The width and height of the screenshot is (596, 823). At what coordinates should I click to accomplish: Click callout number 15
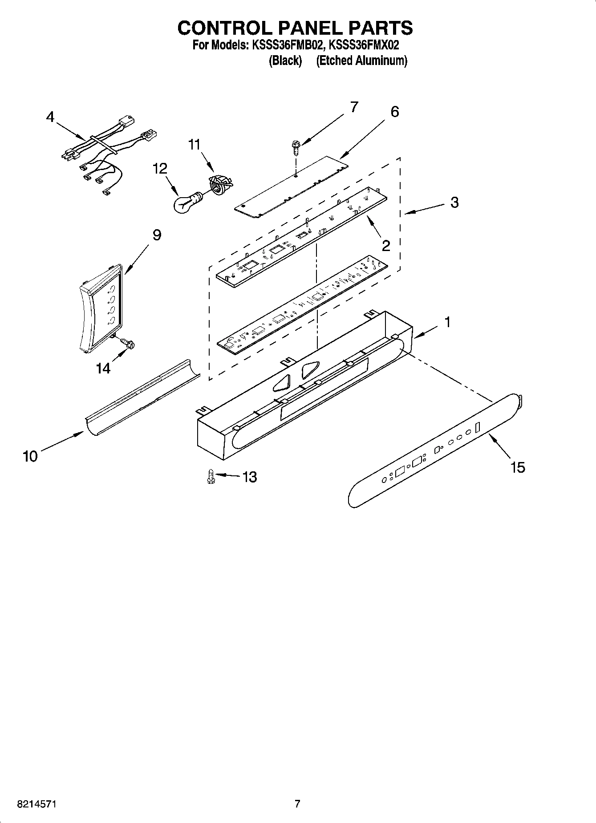pos(518,467)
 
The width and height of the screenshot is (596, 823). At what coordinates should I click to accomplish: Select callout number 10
pos(30,456)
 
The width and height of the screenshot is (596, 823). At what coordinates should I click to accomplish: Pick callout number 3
pos(454,202)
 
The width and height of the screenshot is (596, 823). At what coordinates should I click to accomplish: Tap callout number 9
pos(157,235)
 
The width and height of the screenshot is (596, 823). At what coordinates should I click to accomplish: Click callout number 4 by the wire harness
pos(50,117)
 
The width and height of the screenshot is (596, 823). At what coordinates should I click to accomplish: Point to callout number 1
pos(447,322)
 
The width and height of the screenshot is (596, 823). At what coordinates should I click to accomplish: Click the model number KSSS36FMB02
pos(285,45)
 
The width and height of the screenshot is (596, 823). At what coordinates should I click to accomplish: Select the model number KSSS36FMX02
pos(364,45)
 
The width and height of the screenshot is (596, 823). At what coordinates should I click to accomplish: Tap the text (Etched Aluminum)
pos(361,61)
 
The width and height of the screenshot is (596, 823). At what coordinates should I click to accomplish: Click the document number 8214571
pos(36,804)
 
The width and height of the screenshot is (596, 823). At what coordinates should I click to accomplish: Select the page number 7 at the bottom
pos(297,803)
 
